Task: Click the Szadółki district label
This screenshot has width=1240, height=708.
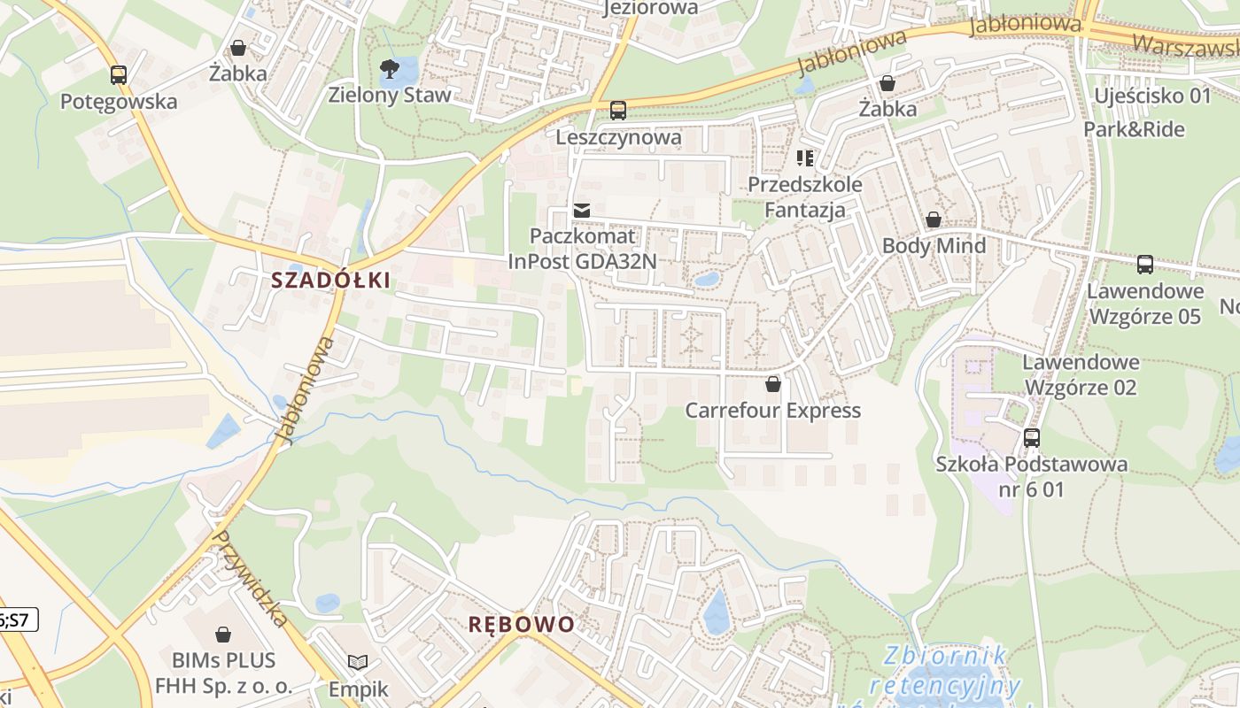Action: [x=330, y=281]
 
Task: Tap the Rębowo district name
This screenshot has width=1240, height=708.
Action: [x=522, y=624]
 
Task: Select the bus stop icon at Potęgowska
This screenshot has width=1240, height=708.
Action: [x=119, y=75]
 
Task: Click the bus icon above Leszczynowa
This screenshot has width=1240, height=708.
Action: [x=618, y=111]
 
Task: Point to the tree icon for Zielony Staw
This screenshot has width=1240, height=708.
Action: [x=389, y=68]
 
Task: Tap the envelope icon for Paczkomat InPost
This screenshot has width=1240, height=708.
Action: [x=582, y=211]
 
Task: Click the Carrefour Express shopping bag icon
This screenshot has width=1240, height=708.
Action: [x=773, y=384]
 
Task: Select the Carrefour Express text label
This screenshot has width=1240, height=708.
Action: [x=773, y=411]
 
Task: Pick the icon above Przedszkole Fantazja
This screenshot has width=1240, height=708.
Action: [x=805, y=158]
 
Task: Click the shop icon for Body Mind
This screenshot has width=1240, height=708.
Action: [x=934, y=219]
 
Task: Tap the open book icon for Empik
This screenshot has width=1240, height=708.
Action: [x=358, y=663]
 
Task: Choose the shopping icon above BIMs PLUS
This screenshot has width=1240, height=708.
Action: [x=223, y=635]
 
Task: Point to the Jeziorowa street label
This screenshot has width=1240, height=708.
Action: [x=650, y=8]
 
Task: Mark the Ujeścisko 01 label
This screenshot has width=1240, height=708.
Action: [x=1152, y=95]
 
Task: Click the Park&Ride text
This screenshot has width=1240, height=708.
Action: [x=1135, y=129]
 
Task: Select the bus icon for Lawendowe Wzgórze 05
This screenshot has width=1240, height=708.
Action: [x=1145, y=264]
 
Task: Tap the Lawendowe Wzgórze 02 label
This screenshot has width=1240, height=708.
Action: [x=1081, y=374]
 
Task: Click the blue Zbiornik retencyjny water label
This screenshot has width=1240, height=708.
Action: [x=946, y=671]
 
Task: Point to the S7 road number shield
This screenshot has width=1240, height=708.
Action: [x=18, y=619]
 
